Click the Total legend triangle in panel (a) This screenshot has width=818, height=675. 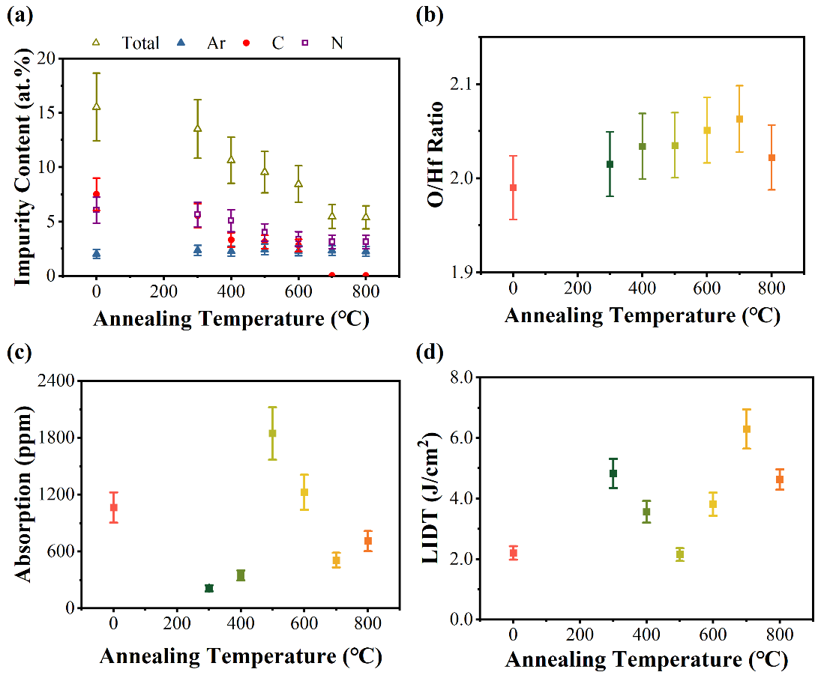point(96,43)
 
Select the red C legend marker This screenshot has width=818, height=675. point(246,43)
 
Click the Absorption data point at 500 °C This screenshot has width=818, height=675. point(272,433)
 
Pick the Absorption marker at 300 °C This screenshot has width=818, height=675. point(209,588)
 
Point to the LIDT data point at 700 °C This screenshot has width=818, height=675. point(747,429)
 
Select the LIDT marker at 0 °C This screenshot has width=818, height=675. point(514,553)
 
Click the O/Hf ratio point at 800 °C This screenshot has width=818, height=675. point(772,157)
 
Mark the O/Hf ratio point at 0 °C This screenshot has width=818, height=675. point(514,187)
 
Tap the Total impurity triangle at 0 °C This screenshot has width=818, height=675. point(96,106)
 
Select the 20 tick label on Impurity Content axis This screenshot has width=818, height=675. point(48,58)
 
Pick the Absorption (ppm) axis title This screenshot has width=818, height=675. point(22,494)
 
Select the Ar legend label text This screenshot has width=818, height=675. point(216,43)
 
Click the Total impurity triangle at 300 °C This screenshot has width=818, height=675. point(197,128)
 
